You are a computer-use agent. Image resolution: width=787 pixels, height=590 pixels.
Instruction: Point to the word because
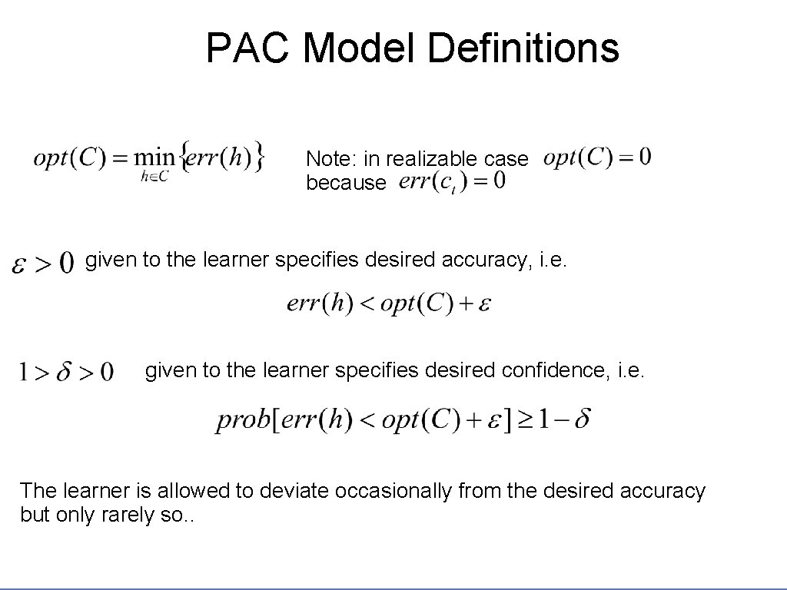[345, 183]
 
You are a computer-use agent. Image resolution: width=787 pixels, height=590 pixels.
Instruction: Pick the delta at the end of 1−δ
[583, 419]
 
